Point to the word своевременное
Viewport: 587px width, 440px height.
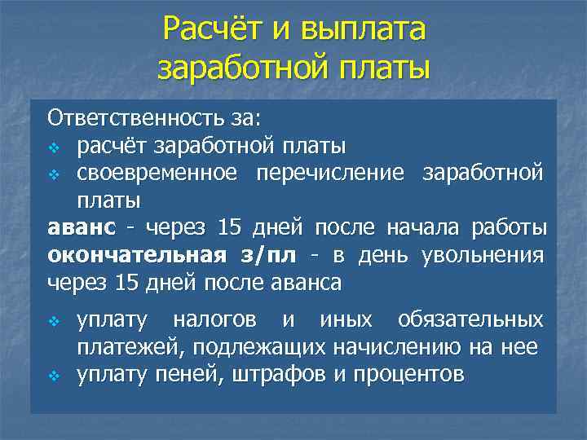click(x=158, y=173)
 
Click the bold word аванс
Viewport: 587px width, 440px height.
click(x=81, y=227)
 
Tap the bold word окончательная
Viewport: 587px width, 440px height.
click(x=136, y=254)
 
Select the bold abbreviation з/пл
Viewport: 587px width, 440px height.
click(x=267, y=254)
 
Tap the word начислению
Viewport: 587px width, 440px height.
click(x=399, y=347)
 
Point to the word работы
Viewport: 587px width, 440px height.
click(x=517, y=227)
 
